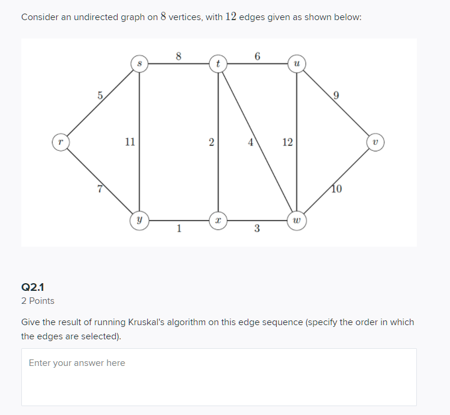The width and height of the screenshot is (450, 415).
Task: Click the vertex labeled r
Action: [60, 142]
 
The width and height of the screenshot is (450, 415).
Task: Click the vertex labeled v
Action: [375, 142]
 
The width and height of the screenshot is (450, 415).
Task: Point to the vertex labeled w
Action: [297, 221]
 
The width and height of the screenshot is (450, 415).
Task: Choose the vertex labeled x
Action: [218, 221]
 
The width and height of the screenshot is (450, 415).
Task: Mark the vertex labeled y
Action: [139, 221]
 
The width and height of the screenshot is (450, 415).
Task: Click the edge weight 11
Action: [130, 142]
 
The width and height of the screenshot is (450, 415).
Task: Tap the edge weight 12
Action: [287, 142]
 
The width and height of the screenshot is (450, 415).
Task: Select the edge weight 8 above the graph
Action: [179, 56]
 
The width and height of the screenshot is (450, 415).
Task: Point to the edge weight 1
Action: [179, 229]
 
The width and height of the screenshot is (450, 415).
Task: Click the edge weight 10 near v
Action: [336, 189]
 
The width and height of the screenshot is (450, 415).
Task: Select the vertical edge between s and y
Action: [140, 106]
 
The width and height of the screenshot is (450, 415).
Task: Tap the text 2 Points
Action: [37, 301]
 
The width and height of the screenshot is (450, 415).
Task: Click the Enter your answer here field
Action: [218, 377]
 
